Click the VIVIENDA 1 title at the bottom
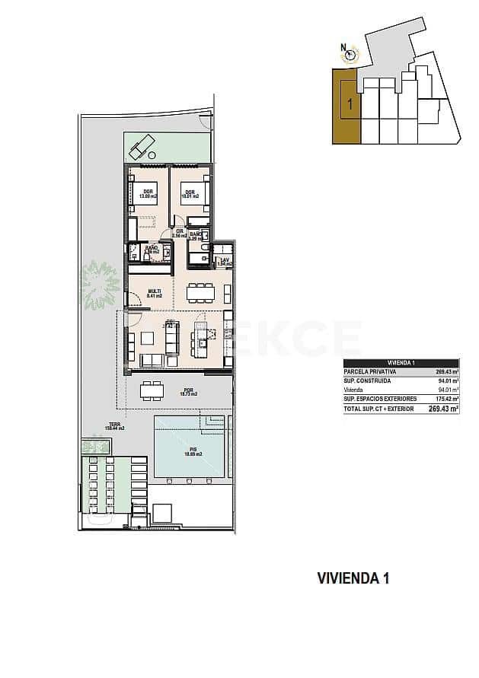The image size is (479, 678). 353,578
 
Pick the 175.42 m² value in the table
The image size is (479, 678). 445,399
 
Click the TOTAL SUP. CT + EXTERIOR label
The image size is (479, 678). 378,409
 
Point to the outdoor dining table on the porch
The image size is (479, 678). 152,390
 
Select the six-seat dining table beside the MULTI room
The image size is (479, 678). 201,292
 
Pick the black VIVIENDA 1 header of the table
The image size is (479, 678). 401,363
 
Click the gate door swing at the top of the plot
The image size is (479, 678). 204,119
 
